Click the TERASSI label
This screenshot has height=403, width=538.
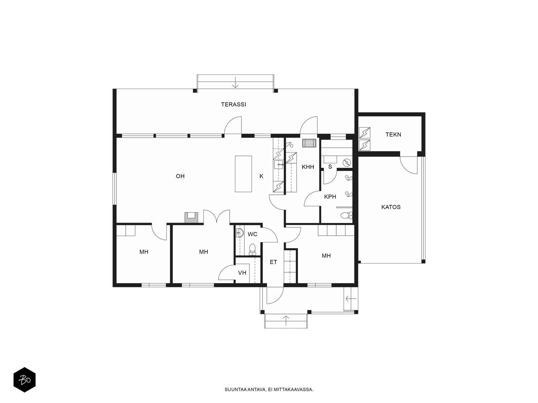click(233, 104)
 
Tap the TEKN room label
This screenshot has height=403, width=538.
click(393, 135)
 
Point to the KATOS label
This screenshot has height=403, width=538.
click(391, 207)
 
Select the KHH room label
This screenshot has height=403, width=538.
click(308, 167)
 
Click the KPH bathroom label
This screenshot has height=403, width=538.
click(330, 197)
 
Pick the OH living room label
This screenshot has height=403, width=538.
click(180, 176)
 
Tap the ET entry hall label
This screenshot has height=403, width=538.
click(273, 262)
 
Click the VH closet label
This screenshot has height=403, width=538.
click(242, 273)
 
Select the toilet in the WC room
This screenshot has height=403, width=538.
click(252, 249)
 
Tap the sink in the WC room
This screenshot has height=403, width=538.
click(240, 233)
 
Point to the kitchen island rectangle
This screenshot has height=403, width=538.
click(243, 174)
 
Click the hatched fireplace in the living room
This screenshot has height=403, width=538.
click(191, 218)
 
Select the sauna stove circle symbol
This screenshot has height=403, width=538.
click(347, 162)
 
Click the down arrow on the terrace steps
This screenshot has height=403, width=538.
click(235, 83)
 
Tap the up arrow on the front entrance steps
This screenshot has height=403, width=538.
click(286, 321)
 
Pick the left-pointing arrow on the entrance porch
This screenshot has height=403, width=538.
click(351, 299)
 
